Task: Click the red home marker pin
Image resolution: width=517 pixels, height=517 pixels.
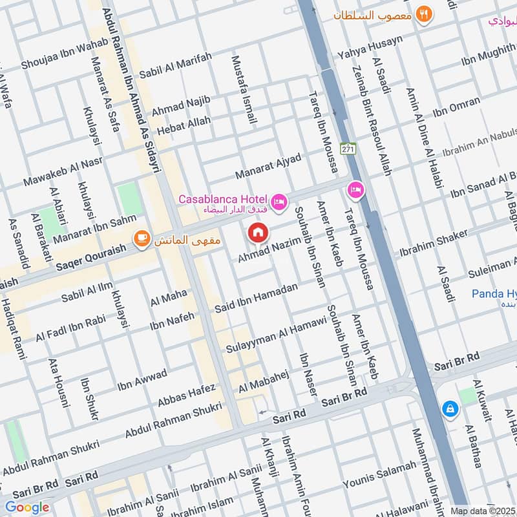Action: [258, 232]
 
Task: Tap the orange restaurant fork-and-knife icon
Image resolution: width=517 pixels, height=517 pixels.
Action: [424, 14]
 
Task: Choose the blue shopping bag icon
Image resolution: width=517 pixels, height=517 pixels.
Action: [449, 408]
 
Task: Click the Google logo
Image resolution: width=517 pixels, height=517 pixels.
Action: [27, 507]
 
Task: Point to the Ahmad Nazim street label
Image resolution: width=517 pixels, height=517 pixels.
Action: [269, 249]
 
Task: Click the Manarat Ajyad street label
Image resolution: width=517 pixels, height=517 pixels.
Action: [268, 167]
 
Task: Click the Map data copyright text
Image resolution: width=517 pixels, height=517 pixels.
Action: [483, 511]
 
